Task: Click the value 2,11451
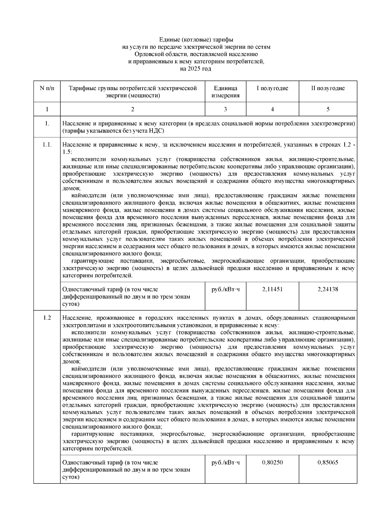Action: point(272,289)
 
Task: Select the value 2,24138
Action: point(327,289)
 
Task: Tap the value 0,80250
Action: point(272,462)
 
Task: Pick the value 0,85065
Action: point(327,462)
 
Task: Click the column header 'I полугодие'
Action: point(272,88)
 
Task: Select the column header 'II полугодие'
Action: point(327,88)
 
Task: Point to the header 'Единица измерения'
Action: point(225,92)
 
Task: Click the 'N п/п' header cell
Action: point(47,88)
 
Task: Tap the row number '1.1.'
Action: point(47,145)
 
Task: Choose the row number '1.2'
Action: point(47,318)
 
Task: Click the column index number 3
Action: point(225,109)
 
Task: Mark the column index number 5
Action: point(328,109)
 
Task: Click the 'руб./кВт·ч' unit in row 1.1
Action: point(225,289)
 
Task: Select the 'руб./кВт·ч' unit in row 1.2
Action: point(225,462)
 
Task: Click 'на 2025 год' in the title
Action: point(196,69)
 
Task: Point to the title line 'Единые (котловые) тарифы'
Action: point(196,40)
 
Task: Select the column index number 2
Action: point(132,109)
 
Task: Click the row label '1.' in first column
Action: point(47,123)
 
